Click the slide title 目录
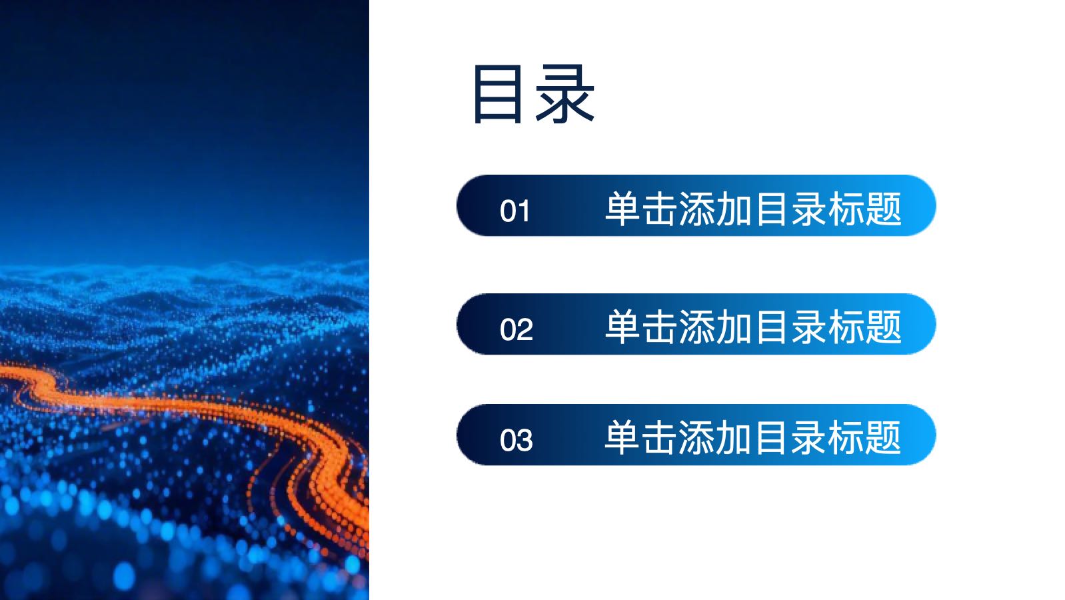coord(534,94)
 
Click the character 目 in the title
coord(497,94)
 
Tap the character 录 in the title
coord(565,94)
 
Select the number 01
coord(515,211)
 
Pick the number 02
coord(517,329)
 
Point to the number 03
coord(517,440)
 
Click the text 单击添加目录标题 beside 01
coord(753,209)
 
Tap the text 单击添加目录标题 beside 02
coord(753,327)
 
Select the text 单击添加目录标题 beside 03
coord(753,437)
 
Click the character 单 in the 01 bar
coord(623,209)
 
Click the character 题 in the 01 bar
coord(884,209)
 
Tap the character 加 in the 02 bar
coord(734,327)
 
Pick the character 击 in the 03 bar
coord(660,437)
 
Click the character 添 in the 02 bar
coord(697,327)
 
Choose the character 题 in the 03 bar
coord(884,437)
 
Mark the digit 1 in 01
coord(523,211)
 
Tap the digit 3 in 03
coord(525,440)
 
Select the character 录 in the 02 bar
coord(808,327)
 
